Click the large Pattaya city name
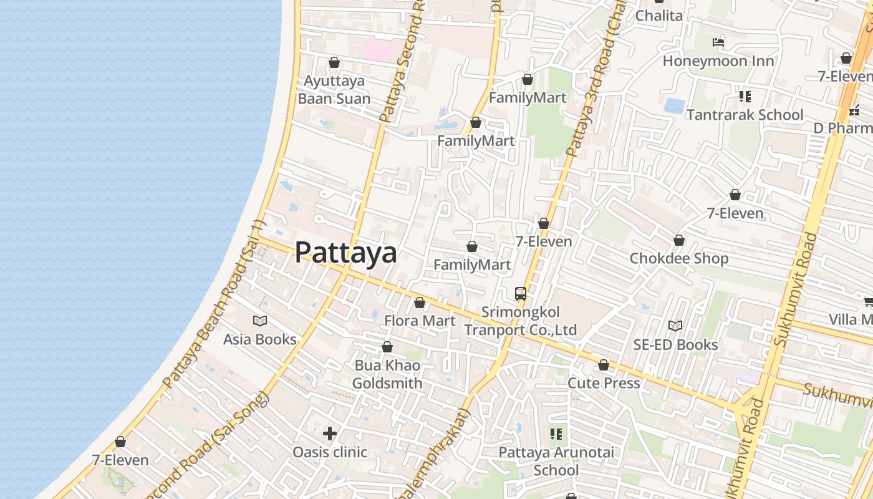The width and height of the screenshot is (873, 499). coord(345,253)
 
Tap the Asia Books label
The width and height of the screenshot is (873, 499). coord(260,339)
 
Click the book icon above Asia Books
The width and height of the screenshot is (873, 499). coord(260,321)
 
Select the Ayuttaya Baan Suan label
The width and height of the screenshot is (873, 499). coord(334,90)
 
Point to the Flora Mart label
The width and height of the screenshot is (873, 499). coord(420,321)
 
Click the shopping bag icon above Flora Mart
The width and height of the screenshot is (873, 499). coord(420,303)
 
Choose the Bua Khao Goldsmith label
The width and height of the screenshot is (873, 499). coord(387,374)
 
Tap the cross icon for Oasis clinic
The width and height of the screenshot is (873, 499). coord(330,433)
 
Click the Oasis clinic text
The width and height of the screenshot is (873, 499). coord(330,452)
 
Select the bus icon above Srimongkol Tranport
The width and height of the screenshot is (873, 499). coord(521,293)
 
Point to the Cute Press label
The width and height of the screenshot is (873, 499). coord(604,383)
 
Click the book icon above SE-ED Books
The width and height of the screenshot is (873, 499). coord(675,326)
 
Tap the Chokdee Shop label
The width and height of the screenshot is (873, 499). coord(679,258)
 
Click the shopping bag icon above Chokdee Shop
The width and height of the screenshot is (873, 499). coord(679,240)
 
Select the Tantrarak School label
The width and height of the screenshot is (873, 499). coord(745,115)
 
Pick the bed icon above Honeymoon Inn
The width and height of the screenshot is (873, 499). coord(718,42)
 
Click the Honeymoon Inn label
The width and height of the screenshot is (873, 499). coord(718,61)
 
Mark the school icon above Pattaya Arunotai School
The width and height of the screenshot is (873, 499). coord(556,434)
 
